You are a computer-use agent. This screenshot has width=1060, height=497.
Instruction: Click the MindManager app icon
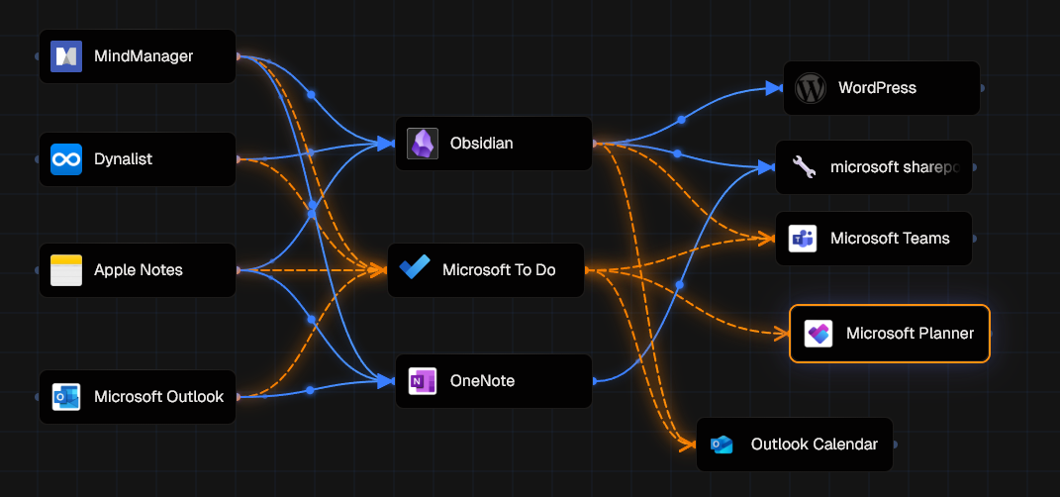pos(65,56)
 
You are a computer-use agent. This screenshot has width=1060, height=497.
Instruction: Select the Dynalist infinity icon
pos(65,159)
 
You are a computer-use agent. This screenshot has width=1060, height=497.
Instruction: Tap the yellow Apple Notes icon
pos(65,270)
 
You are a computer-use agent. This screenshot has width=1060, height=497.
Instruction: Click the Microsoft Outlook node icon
pos(65,397)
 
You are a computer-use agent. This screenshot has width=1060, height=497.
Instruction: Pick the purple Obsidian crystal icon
pos(423,144)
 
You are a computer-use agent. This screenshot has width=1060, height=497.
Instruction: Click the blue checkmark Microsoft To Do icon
pos(414,269)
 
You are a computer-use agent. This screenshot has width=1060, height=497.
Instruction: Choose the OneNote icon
pos(423,381)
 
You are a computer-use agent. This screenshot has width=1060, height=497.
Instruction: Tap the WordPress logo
pos(810,88)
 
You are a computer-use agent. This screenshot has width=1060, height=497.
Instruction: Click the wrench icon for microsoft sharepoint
pos(803,168)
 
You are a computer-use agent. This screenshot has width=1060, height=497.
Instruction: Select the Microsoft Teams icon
pos(802,239)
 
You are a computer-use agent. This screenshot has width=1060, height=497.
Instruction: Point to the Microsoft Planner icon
pos(818,334)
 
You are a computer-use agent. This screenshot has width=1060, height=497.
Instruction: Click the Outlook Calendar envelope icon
pos(723,445)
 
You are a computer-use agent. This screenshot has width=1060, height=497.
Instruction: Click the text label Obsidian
pos(481,144)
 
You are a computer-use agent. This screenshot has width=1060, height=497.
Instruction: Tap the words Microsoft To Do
pos(499,270)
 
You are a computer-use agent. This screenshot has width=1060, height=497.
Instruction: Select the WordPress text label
pos(877,88)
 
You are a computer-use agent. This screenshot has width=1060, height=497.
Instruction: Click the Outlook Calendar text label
pos(814,445)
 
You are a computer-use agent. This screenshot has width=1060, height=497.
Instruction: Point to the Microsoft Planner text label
pos(910,334)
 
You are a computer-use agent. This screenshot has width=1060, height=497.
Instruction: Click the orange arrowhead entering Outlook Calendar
pos(688,445)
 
